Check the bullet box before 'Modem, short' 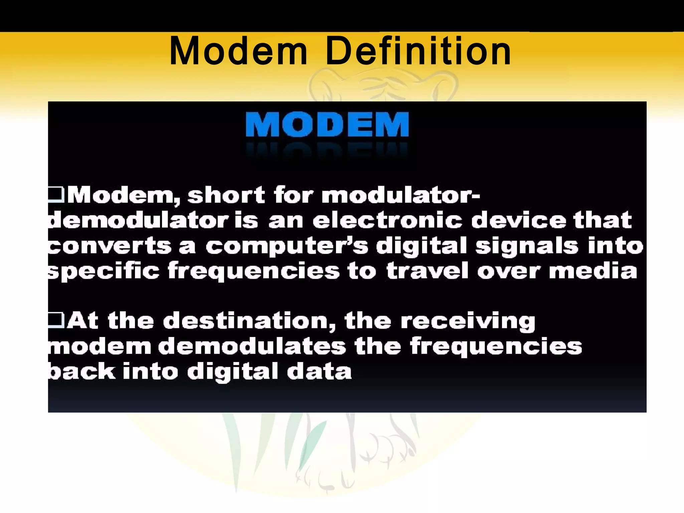(56, 194)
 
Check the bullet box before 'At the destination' (56, 320)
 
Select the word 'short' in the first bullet (226, 195)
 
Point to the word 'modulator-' (401, 195)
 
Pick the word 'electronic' (387, 220)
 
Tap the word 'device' (519, 220)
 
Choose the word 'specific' (104, 271)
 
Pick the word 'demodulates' (252, 346)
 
